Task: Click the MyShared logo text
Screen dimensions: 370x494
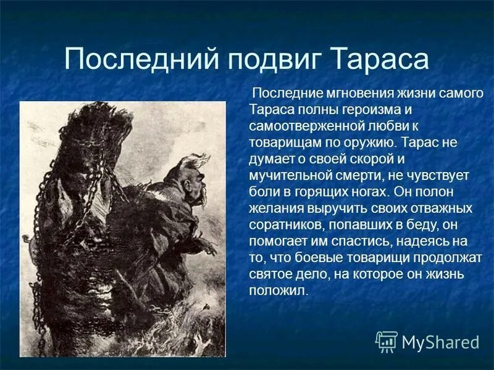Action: tap(440, 342)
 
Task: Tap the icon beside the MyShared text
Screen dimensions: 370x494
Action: tap(387, 341)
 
